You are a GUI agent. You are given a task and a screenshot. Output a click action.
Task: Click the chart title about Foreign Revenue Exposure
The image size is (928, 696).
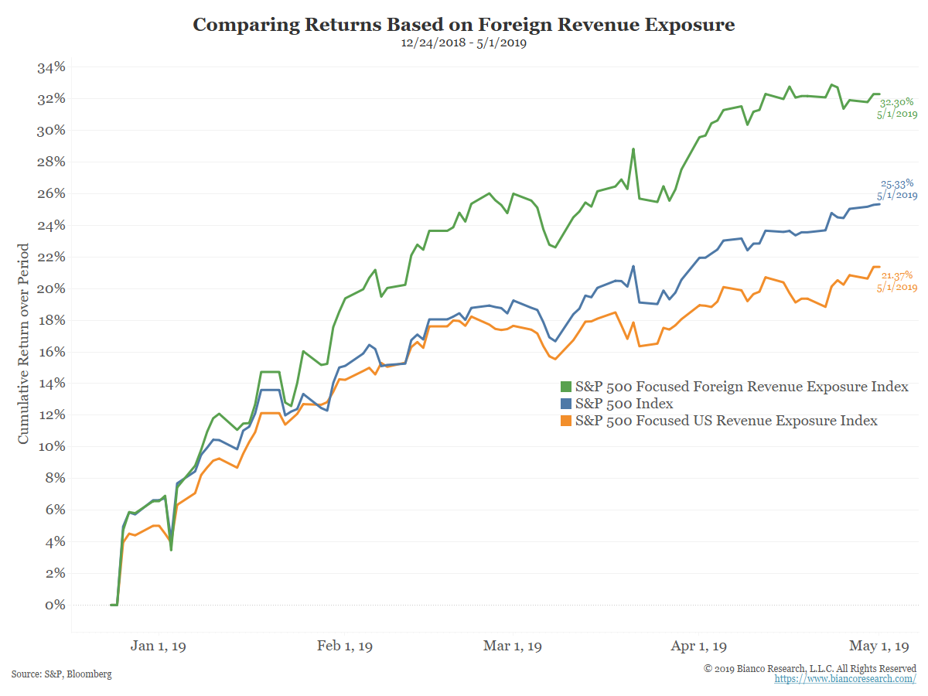[463, 25]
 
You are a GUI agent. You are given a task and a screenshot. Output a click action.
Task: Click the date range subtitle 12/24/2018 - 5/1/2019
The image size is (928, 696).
[463, 43]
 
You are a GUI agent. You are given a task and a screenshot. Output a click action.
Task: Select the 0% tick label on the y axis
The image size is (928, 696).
[55, 605]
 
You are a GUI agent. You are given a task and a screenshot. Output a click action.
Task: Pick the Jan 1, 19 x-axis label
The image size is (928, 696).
[163, 646]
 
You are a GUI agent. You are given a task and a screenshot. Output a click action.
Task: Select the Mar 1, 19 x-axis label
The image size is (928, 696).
[512, 646]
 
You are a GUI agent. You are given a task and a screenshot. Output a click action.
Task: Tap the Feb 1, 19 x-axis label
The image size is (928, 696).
[345, 646]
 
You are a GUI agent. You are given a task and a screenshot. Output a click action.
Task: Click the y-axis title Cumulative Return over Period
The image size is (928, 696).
[24, 343]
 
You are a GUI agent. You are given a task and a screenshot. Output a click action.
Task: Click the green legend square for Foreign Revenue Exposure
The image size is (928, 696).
[565, 387]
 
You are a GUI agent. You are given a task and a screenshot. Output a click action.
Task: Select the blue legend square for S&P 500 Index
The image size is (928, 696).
[565, 404]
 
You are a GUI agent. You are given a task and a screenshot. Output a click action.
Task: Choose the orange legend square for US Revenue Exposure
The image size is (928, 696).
[565, 421]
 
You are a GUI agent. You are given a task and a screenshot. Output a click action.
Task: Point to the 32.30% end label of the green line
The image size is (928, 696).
[896, 101]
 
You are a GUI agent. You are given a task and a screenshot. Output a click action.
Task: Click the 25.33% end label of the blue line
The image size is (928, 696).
[897, 184]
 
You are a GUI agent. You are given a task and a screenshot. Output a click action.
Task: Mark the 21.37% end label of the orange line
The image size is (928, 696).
[896, 275]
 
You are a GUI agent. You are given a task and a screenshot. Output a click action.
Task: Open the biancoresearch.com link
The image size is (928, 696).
[845, 678]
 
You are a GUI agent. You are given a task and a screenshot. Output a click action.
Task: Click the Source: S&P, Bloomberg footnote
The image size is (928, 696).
[61, 674]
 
